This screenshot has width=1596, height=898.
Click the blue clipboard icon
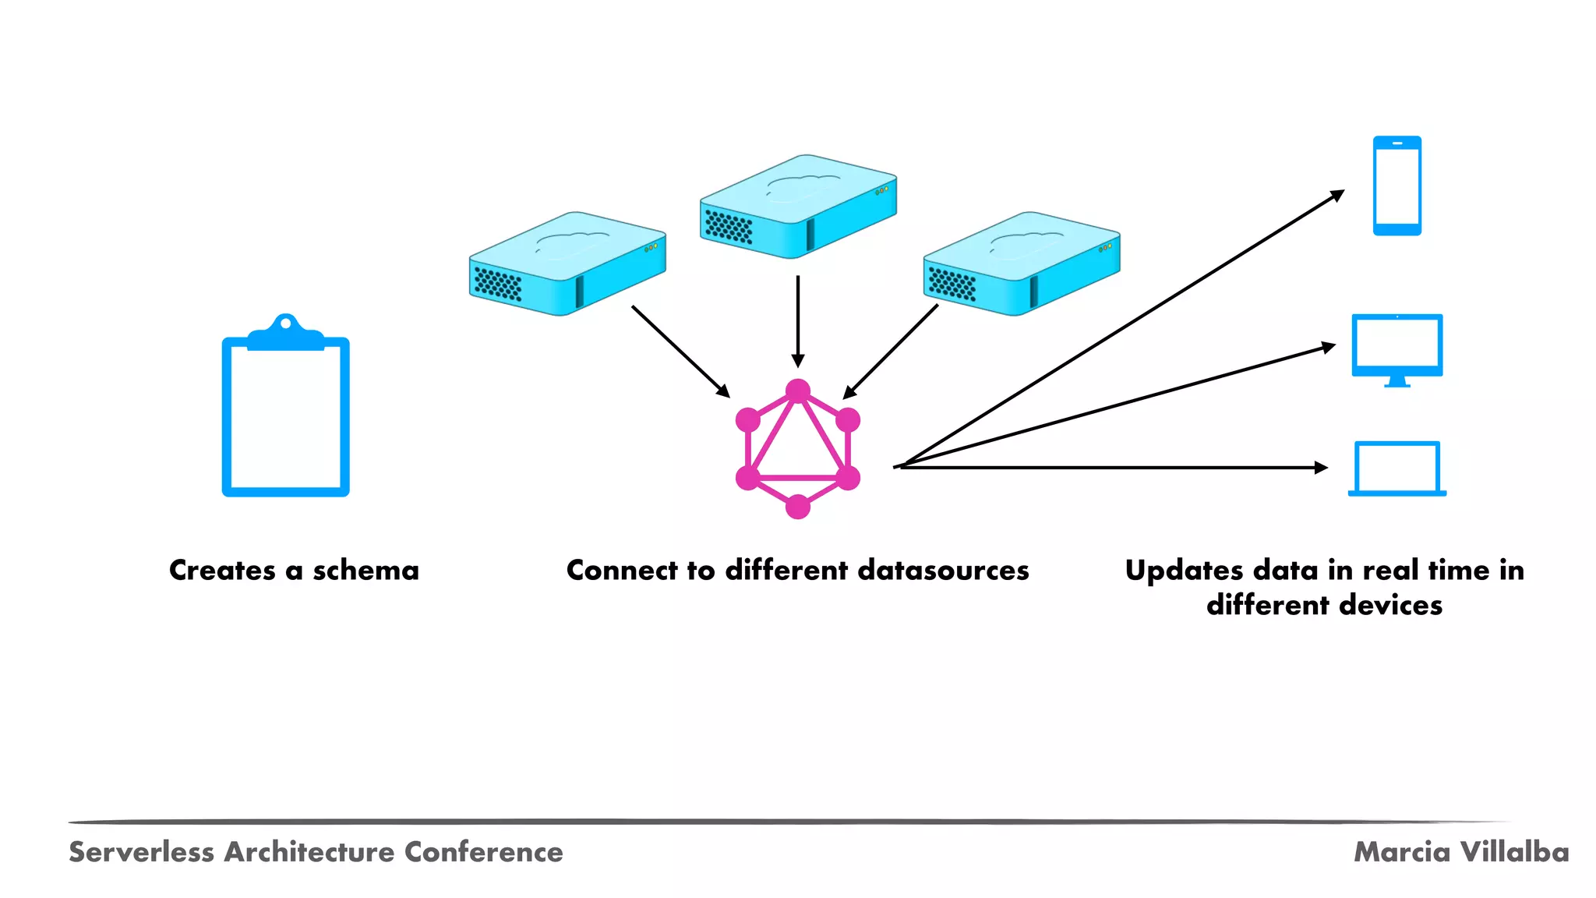(x=285, y=413)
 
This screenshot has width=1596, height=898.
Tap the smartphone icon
(x=1396, y=186)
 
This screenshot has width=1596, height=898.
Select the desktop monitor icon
(x=1396, y=348)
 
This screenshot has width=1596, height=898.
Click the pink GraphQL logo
(x=797, y=449)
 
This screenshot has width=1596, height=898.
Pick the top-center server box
(x=798, y=207)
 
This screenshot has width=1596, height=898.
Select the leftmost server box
(x=567, y=263)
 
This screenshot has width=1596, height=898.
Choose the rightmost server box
(x=1022, y=263)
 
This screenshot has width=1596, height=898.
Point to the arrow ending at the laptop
(x=1114, y=468)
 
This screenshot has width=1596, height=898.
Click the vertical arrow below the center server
(x=797, y=320)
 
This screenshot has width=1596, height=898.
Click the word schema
(x=365, y=571)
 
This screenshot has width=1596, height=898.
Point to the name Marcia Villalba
(x=1461, y=852)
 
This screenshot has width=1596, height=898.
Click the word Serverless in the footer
(x=141, y=852)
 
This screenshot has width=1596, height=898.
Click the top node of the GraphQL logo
(x=797, y=391)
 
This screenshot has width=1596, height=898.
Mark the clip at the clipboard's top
(x=285, y=331)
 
